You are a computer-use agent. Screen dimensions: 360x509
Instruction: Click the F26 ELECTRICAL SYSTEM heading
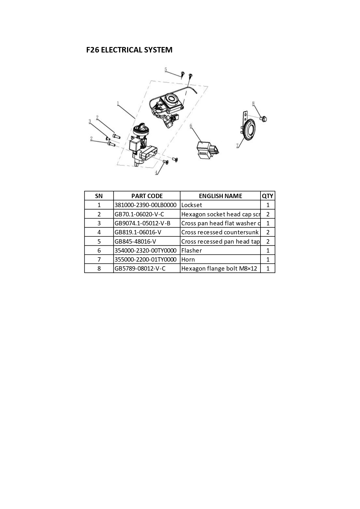click(x=129, y=50)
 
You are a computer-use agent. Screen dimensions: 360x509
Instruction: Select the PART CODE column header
click(x=147, y=196)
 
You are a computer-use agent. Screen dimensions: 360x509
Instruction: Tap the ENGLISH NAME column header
click(x=220, y=196)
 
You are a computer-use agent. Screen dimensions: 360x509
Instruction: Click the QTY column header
click(x=267, y=196)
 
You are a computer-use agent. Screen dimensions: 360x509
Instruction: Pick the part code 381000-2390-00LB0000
click(x=145, y=205)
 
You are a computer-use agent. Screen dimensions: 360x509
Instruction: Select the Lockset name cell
click(x=191, y=205)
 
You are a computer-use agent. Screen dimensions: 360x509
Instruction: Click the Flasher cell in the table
click(x=191, y=250)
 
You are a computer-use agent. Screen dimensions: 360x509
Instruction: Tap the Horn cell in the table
click(x=188, y=260)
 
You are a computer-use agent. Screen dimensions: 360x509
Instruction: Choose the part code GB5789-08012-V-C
click(x=140, y=269)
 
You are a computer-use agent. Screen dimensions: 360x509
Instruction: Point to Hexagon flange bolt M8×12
click(x=219, y=269)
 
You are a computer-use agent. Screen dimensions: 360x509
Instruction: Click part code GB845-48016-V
click(x=135, y=241)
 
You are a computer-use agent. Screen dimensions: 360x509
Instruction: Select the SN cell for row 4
click(x=99, y=232)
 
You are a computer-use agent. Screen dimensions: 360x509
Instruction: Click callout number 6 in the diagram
click(x=191, y=126)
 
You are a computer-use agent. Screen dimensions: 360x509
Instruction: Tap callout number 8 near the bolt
click(x=253, y=103)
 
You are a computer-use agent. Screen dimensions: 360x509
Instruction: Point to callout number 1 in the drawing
click(x=118, y=103)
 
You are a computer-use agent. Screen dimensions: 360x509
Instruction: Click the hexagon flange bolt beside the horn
click(x=263, y=119)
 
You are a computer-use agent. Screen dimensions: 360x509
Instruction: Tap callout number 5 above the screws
click(x=166, y=70)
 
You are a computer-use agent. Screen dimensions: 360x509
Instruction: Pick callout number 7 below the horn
click(x=238, y=146)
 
